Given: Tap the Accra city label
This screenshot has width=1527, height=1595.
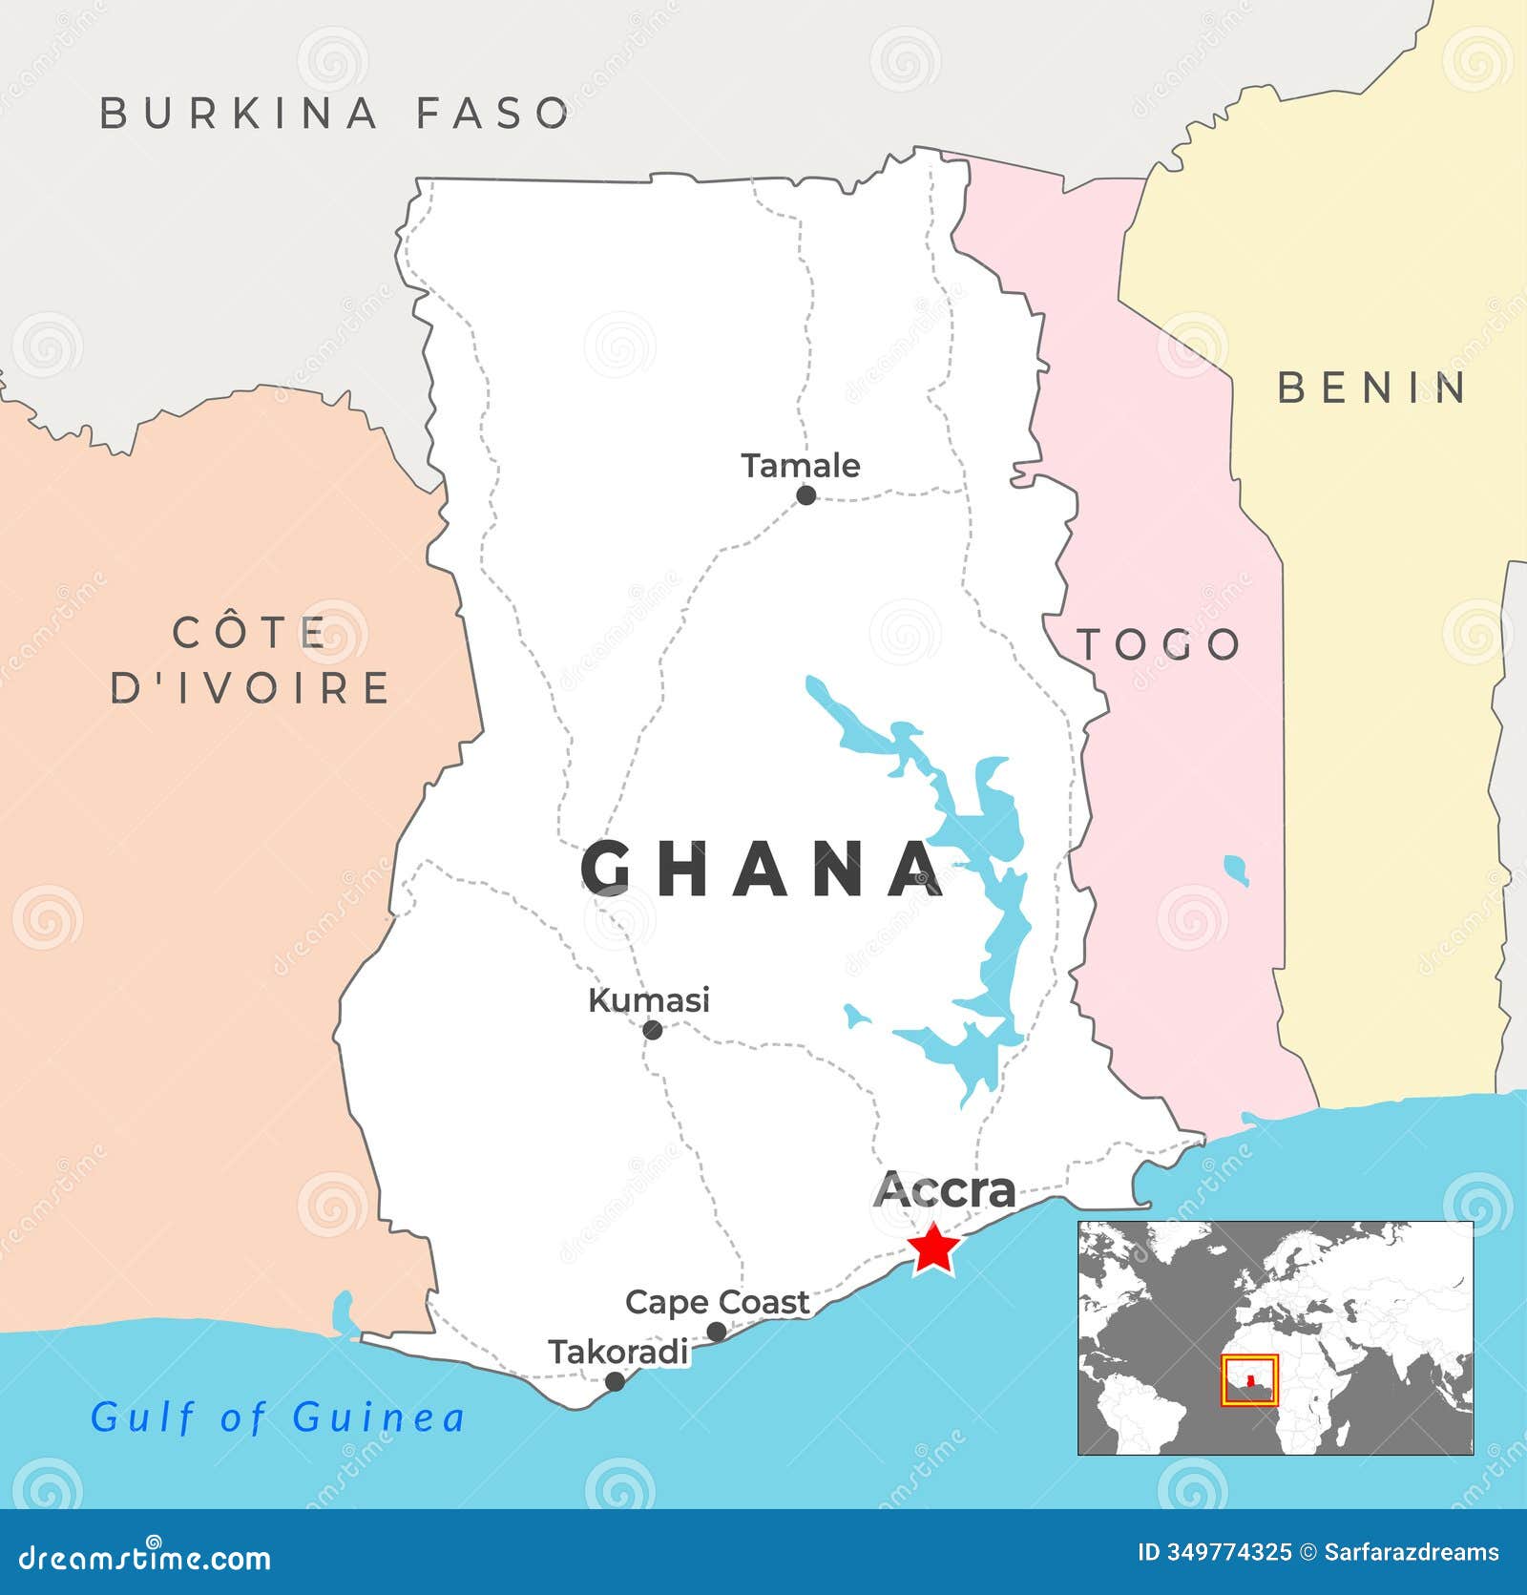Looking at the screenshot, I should (x=945, y=1189).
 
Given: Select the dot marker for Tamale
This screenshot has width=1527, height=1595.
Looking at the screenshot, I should (x=806, y=494).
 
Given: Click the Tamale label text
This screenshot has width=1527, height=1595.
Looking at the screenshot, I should (x=801, y=466).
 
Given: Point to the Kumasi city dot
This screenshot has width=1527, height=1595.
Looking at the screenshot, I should (x=653, y=1030).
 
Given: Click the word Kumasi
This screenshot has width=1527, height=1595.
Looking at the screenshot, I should (x=649, y=1000).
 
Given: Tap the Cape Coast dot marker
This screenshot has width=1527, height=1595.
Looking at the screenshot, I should (x=717, y=1332).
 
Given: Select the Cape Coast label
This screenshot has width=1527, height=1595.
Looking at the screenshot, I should (x=717, y=1302).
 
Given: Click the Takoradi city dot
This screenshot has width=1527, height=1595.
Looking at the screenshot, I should (x=616, y=1381).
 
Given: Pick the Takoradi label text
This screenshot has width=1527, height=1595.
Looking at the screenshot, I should (x=618, y=1352).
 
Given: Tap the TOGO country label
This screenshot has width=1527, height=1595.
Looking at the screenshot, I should (x=1160, y=645).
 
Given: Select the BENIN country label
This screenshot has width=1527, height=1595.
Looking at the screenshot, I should (x=1372, y=388).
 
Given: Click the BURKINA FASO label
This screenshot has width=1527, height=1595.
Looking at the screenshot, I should (x=335, y=113).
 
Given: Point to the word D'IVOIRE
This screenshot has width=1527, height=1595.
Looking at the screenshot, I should (x=250, y=687).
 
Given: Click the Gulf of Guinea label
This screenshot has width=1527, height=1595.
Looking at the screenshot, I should (x=278, y=1417).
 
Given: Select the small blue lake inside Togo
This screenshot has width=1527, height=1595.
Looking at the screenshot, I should (x=1237, y=870).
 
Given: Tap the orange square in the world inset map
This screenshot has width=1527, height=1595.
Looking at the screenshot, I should (x=1250, y=1381).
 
